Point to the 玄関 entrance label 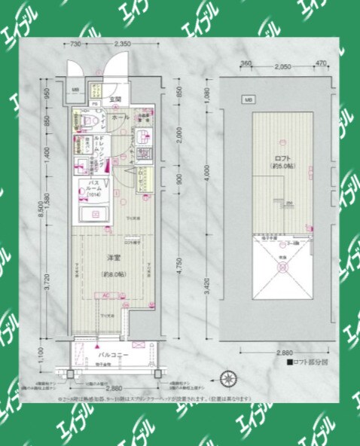coord(114,100)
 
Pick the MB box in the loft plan coord(248,99)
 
